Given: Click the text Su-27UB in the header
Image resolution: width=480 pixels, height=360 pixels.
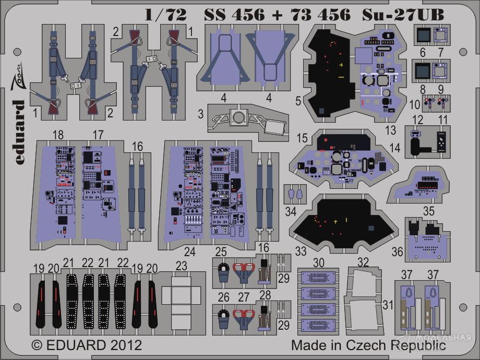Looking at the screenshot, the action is pos(403,15).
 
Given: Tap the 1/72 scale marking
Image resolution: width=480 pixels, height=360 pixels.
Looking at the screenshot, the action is pos(165,15).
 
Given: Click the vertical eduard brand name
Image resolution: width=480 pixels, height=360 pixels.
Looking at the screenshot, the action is pos(19,132).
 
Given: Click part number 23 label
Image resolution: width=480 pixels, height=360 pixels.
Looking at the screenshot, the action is pos(181,266).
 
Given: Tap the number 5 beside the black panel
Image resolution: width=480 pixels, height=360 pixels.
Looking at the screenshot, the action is pos(298,101).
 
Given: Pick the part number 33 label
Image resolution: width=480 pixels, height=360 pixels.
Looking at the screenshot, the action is pos(301,251).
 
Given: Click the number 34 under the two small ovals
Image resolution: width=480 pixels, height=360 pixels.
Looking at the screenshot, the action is pos(291,211).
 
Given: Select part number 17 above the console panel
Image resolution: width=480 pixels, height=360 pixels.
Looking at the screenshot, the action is pos(98,135).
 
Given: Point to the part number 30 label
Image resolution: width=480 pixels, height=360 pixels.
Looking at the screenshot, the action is pos(319,262).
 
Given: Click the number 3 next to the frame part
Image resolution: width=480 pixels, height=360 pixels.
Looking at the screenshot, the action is pos(200,114).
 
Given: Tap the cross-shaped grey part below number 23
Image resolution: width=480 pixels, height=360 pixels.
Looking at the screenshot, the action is pos(181,302).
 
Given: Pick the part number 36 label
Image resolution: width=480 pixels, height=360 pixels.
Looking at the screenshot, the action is pos(398,251).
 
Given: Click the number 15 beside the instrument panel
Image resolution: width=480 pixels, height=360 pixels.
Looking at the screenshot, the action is pos(302,138).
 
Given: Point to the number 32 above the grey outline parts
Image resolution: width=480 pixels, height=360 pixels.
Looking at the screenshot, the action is pos(363,262).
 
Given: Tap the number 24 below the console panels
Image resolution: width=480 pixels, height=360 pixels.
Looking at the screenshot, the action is pos(190,251).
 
